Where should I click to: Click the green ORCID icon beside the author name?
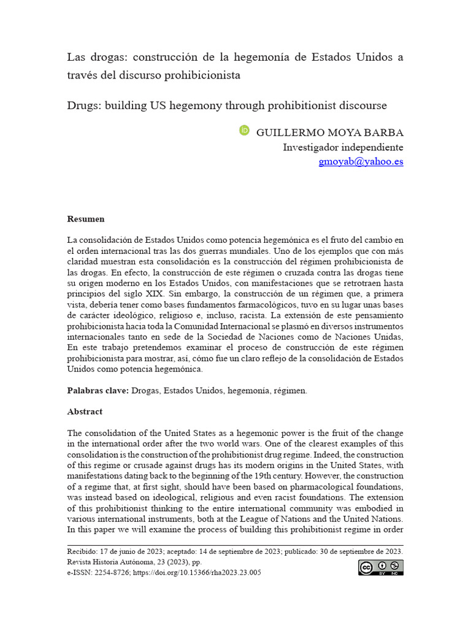coord(244,131)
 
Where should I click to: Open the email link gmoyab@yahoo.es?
coord(361,162)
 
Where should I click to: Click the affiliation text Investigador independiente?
coord(343,147)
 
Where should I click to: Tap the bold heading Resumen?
coord(86,218)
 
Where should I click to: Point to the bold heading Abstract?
coord(85,412)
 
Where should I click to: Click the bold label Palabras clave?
coord(98,391)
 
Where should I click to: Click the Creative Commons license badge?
coord(381,568)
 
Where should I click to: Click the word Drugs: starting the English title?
coord(84,105)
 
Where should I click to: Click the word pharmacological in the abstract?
coord(331,484)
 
